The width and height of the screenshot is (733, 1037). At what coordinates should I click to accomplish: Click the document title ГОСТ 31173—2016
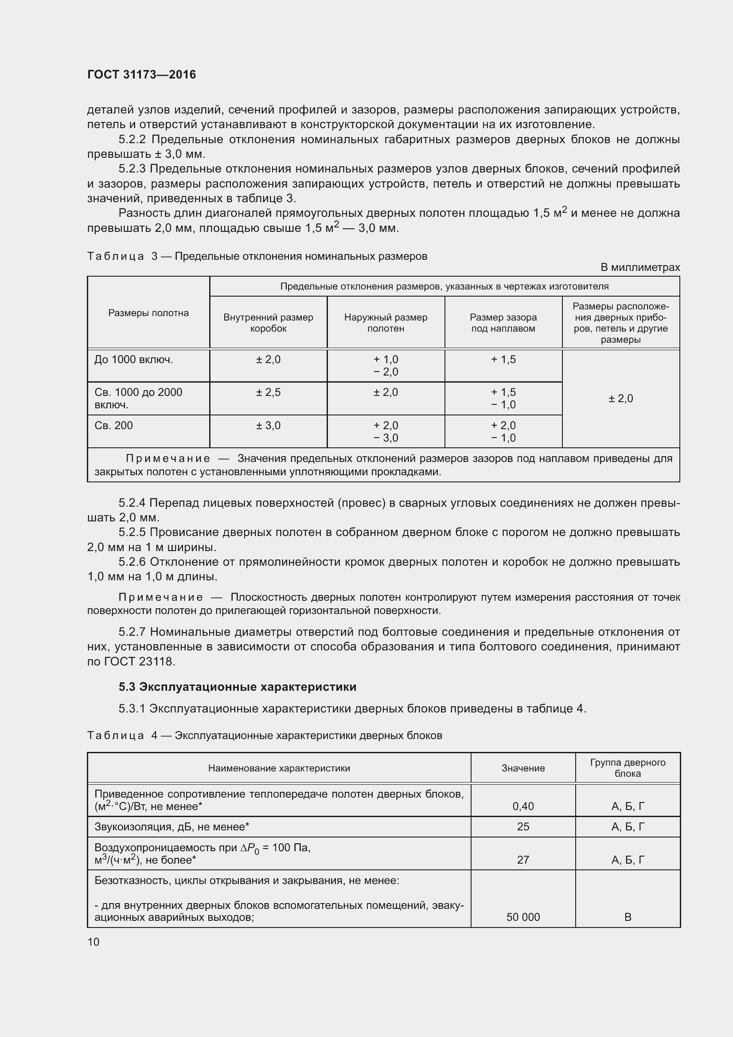pos(141,74)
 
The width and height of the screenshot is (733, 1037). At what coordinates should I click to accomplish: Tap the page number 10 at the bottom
pos(94,942)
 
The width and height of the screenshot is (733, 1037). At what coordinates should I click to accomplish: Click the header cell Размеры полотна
pos(148,313)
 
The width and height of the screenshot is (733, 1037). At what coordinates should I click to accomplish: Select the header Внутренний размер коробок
pos(268,322)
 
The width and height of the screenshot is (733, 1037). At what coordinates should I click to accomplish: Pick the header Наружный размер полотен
pos(386,322)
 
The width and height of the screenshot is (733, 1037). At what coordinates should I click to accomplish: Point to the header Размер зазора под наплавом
pos(503,322)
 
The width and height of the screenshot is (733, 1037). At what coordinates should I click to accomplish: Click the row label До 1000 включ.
pos(133,360)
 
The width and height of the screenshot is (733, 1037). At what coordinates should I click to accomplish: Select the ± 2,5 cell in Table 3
pos(268,392)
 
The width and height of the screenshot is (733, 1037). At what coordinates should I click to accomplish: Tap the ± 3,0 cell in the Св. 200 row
pos(268,426)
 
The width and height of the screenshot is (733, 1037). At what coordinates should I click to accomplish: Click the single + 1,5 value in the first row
pos(503,360)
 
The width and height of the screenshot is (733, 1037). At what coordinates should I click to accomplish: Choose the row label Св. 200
pos(114,426)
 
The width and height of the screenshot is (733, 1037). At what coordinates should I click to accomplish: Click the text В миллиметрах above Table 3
pos(639,267)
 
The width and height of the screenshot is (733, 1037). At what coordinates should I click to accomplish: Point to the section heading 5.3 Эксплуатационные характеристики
pos(238,687)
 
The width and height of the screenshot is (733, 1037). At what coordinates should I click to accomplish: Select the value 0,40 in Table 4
pos(522,806)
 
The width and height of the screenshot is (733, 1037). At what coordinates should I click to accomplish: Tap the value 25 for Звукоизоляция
pos(522,826)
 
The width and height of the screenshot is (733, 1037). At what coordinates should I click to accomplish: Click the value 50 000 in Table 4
pos(522,917)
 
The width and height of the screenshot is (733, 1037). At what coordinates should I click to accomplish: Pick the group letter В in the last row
pos(628,917)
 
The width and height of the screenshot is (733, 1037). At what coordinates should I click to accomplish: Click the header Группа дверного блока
pos(628,768)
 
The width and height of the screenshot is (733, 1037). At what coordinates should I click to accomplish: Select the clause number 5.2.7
pos(132,632)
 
